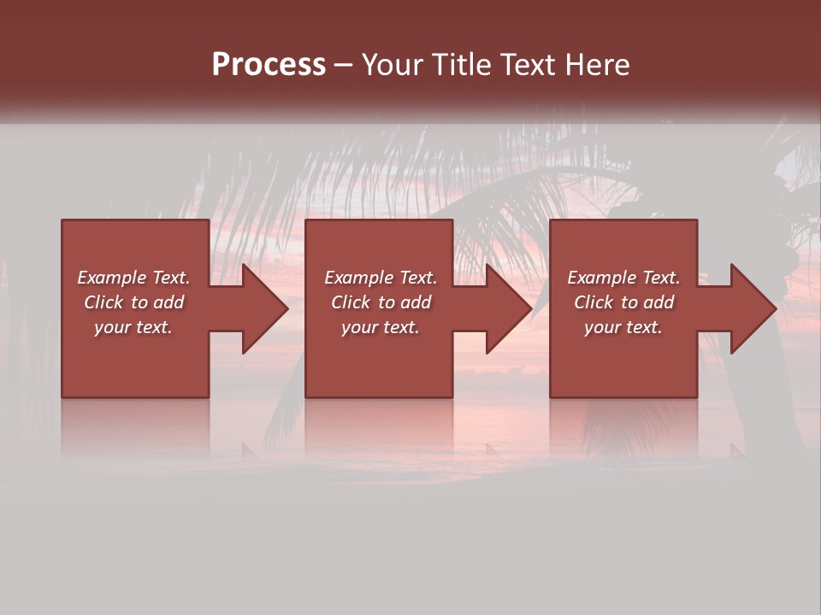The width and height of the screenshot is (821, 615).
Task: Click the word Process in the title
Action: (269, 65)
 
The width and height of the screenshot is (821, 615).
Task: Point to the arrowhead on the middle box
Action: (507, 308)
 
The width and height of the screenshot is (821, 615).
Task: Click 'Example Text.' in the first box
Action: (133, 278)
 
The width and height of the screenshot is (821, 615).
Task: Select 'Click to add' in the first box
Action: (133, 302)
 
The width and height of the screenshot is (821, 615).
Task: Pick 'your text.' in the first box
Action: (133, 327)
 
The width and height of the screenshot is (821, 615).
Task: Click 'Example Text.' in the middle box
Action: (381, 278)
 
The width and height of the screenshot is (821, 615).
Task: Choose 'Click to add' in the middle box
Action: (381, 302)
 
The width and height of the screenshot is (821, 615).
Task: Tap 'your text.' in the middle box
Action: (381, 327)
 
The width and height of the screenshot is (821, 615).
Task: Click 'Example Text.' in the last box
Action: (623, 278)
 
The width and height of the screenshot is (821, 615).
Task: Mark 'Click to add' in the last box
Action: (623, 302)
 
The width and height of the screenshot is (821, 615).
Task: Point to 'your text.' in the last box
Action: (623, 327)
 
